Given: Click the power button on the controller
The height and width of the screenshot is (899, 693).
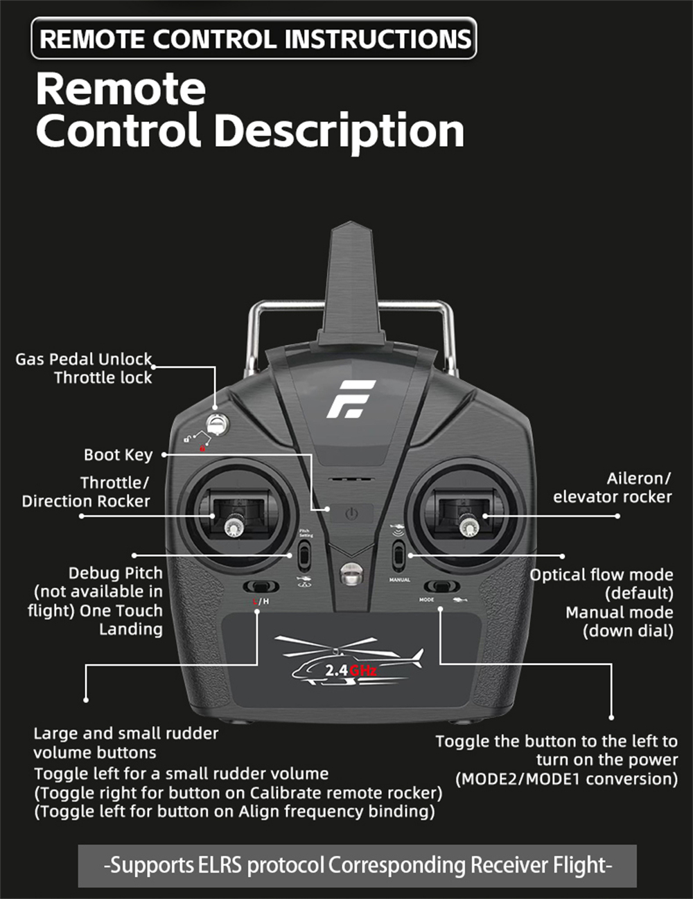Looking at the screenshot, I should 352,514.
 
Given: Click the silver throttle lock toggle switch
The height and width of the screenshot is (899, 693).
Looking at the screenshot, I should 218,423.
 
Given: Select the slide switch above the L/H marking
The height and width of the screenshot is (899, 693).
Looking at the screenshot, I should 261,587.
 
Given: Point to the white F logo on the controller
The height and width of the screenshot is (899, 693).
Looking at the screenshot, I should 351,399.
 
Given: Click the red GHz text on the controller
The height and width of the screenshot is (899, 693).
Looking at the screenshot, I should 363,670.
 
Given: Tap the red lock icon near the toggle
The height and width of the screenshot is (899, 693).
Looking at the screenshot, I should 202,449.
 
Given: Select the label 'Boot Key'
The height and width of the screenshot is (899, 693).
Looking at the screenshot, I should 118,454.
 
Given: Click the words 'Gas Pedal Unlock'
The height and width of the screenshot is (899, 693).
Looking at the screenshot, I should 84,359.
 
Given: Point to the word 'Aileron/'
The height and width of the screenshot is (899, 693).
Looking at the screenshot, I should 638,478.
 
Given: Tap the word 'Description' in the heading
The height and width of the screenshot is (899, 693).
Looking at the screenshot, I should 339,131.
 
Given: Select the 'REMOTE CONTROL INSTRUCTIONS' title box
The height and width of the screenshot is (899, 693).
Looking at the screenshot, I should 254,39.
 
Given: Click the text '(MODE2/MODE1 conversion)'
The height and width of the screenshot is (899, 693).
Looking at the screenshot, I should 566,778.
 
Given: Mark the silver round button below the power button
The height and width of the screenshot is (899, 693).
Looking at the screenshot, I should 351,573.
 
